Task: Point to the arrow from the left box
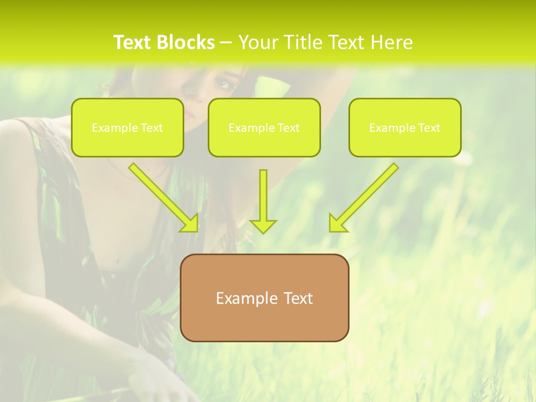pyautogui.click(x=162, y=196)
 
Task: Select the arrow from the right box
pyautogui.click(x=366, y=196)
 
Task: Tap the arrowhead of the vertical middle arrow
pyautogui.click(x=263, y=226)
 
